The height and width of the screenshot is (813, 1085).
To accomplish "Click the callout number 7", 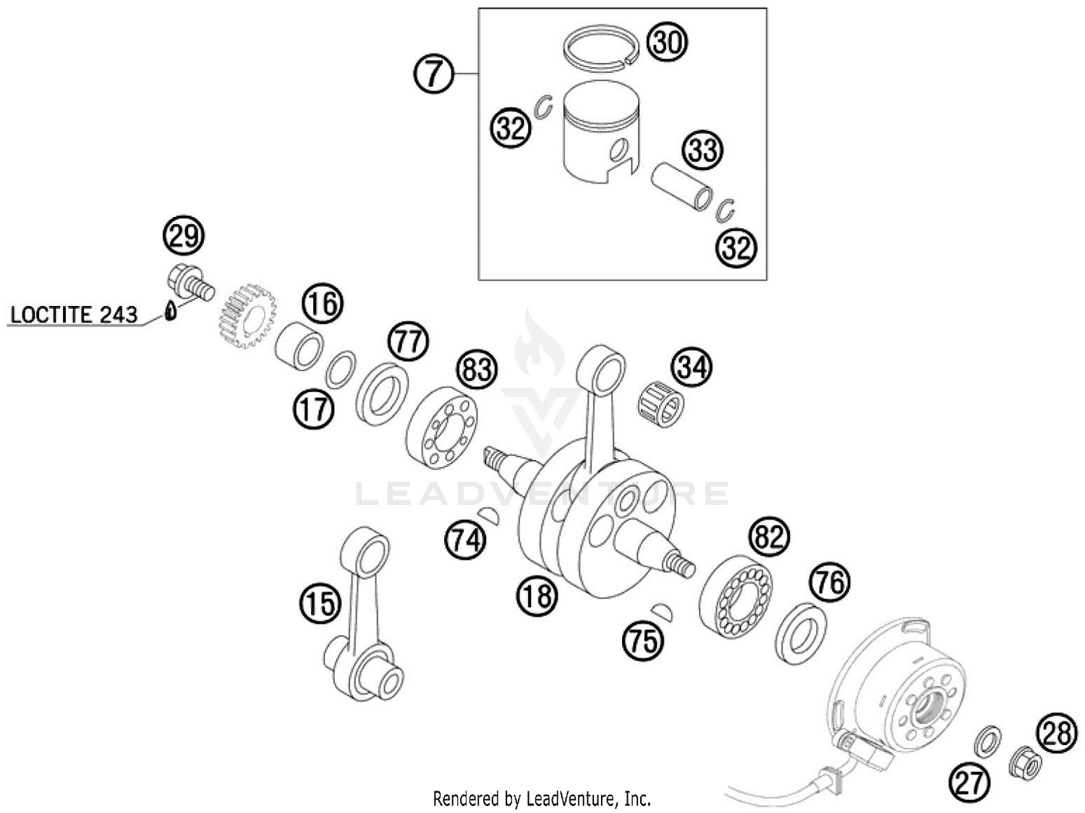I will pos(433,74).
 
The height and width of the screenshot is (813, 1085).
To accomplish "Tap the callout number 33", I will pos(702,150).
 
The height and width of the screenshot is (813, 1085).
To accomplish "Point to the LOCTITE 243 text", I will pos(74,315).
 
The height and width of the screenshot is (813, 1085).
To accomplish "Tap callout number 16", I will pos(322,304).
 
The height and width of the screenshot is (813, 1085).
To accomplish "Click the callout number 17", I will pos(313,409).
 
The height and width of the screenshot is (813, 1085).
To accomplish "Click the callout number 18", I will pos(537,597).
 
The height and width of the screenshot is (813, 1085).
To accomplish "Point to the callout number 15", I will pos(320,603).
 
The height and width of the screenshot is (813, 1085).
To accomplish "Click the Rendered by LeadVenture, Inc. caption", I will pos(542,799).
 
